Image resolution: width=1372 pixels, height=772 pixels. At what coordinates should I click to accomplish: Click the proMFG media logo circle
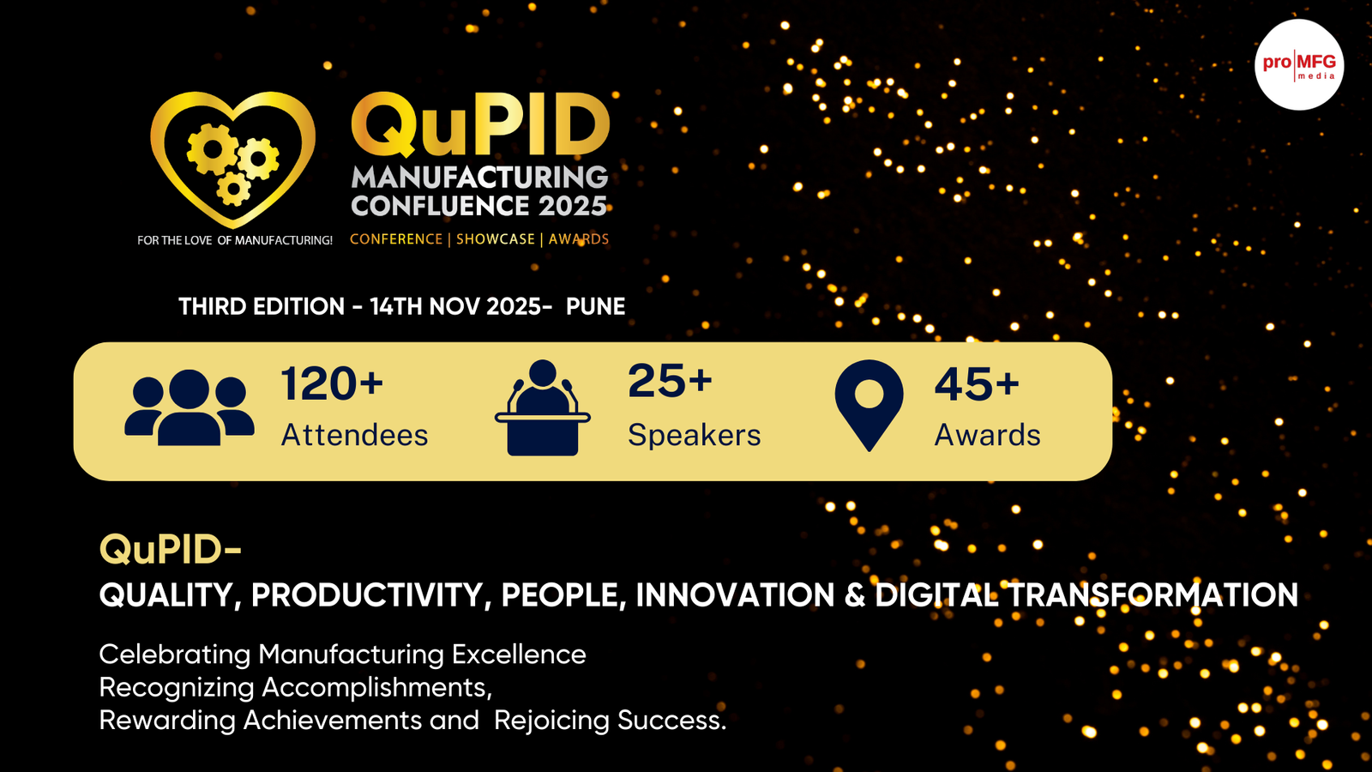tap(1299, 65)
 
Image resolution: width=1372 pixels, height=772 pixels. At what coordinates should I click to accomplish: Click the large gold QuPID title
tap(480, 125)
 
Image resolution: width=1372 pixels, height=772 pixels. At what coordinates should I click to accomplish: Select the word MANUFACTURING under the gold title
tap(479, 178)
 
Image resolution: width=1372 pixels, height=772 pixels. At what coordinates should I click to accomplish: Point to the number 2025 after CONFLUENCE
tap(573, 206)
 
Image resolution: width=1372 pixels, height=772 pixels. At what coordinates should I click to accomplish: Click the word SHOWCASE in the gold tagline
tap(496, 239)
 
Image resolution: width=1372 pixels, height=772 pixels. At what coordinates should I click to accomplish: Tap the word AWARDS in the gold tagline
tap(579, 239)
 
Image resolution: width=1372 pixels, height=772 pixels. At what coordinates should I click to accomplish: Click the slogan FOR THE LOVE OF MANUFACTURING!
tap(235, 240)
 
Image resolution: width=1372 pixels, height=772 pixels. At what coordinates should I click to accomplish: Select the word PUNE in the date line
tap(595, 306)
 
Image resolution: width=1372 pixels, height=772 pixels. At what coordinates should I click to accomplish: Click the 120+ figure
tap(332, 383)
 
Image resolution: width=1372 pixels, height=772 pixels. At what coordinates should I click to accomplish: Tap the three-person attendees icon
tap(190, 407)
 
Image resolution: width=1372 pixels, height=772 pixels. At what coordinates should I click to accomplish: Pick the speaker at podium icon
tap(543, 407)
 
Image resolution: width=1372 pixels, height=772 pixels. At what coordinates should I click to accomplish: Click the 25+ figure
tap(670, 381)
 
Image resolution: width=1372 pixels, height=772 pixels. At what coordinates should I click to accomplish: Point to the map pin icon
tap(870, 405)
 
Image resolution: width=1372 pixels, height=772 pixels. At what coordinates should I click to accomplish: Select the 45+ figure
tap(977, 384)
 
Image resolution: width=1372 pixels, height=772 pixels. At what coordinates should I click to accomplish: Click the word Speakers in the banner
tap(695, 435)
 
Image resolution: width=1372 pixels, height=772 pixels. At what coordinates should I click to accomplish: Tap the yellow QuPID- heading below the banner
tap(171, 549)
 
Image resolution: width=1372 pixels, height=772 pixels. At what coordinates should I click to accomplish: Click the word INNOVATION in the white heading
tap(735, 595)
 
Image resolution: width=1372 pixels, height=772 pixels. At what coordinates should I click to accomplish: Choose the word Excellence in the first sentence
tap(519, 654)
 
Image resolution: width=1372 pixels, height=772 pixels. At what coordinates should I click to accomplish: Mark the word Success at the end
tap(672, 720)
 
